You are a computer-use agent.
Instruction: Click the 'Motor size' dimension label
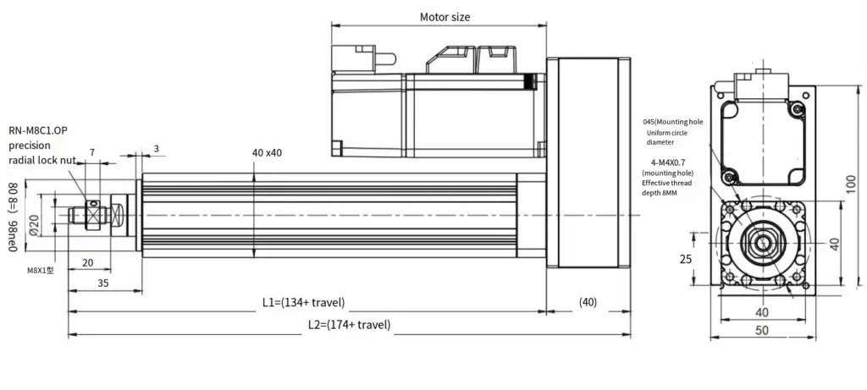coord(445,17)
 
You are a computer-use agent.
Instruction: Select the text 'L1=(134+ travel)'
coord(302,302)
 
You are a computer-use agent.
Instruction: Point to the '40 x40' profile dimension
coord(267,152)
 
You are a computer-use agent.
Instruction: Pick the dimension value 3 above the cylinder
coord(157,149)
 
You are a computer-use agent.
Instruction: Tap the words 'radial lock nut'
coord(44,159)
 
